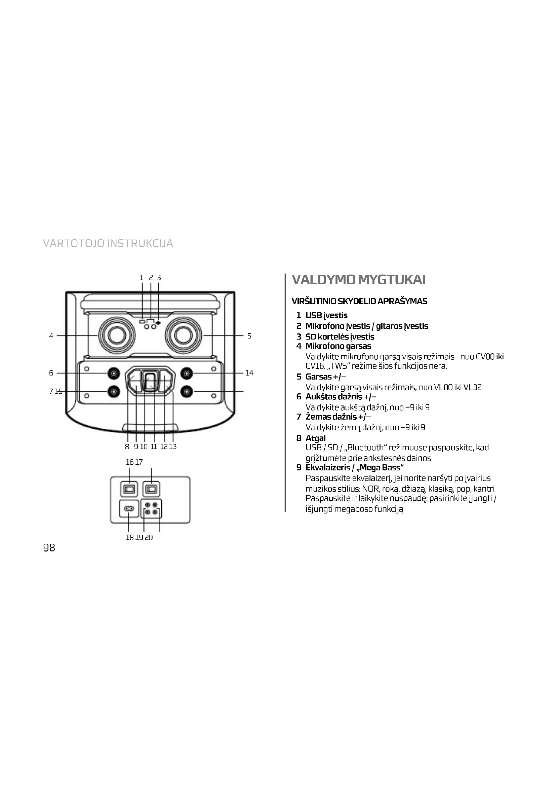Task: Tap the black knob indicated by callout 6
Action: (114, 373)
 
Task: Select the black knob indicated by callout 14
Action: (186, 373)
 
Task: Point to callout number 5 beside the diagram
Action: (249, 336)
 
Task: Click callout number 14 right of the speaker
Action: (249, 373)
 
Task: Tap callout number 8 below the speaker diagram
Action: (127, 446)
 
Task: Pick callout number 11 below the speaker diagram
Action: (154, 446)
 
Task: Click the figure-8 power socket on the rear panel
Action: (129, 509)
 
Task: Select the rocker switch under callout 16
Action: (129, 489)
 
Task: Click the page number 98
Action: (49, 548)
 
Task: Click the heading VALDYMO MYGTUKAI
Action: (358, 280)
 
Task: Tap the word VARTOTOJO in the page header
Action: (74, 243)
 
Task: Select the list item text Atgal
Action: (315, 438)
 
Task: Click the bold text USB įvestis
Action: (326, 315)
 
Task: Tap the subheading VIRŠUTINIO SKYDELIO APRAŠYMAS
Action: (359, 301)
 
